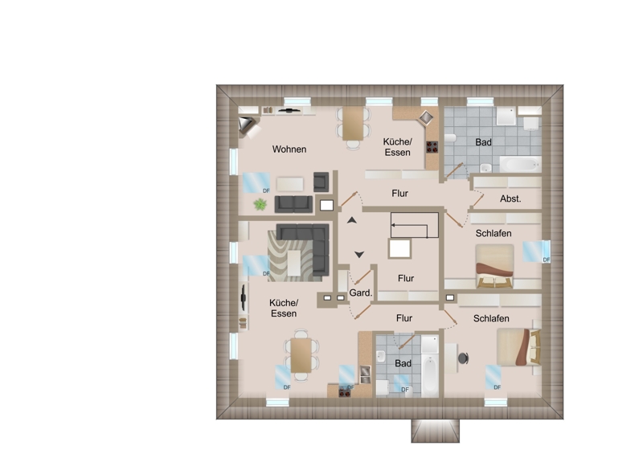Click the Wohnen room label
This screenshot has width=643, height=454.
click(289, 149)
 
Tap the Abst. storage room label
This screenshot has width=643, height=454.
click(510, 199)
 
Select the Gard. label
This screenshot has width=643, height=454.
click(361, 292)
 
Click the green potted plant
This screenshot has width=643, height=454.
click(260, 204)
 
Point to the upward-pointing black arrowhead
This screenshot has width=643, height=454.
click(352, 220)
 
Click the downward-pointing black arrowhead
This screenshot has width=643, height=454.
click(359, 255)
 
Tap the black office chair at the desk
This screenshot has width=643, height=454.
click(464, 358)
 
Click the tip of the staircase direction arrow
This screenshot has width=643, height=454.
click(392, 225)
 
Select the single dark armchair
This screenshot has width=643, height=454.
click(321, 182)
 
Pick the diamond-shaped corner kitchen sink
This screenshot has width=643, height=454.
click(426, 117)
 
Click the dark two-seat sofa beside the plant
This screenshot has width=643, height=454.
click(293, 204)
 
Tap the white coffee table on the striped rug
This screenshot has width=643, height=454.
click(294, 264)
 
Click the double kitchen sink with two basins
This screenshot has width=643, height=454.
click(365, 374)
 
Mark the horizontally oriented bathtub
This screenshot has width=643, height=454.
click(520, 165)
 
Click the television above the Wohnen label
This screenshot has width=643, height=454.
click(289, 110)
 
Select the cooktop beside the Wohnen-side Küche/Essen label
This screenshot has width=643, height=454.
click(432, 147)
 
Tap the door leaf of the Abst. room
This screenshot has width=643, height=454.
click(477, 202)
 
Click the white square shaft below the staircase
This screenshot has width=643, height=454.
click(399, 248)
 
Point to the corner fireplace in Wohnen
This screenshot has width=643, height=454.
click(248, 125)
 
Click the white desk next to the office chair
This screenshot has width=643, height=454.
click(451, 358)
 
